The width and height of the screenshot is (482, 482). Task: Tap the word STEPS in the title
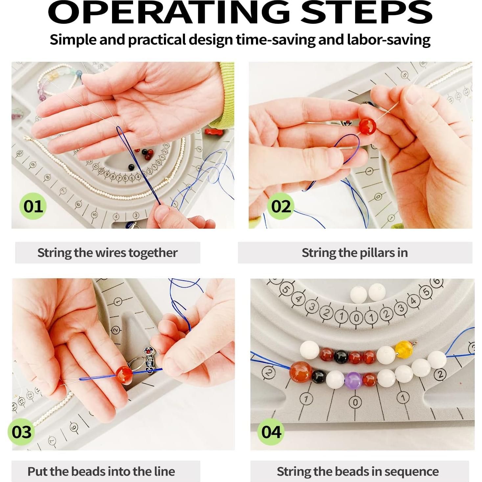(x=366, y=12)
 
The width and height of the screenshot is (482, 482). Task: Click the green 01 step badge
(x=33, y=206)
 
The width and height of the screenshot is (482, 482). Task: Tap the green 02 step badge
(x=281, y=206)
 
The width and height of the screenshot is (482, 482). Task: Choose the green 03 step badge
(x=21, y=432)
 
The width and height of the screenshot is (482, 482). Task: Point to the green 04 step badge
(x=271, y=432)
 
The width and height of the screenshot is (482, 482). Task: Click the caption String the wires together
(x=107, y=253)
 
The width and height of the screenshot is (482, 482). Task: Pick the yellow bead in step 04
(x=404, y=350)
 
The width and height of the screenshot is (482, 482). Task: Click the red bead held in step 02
(x=367, y=126)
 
